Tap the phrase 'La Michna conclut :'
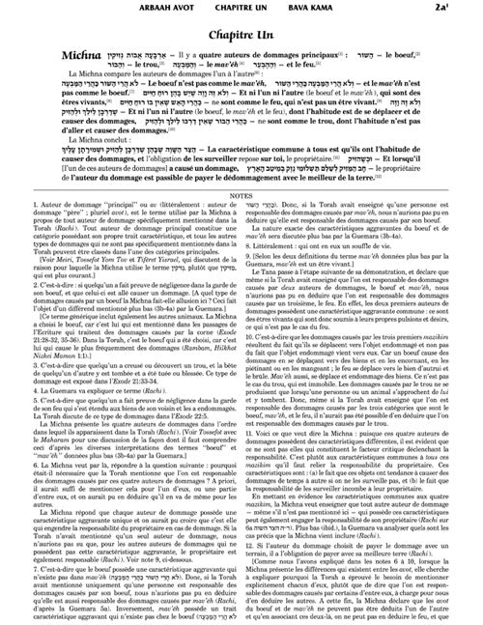[69, 176]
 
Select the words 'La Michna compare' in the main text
[73, 100]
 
